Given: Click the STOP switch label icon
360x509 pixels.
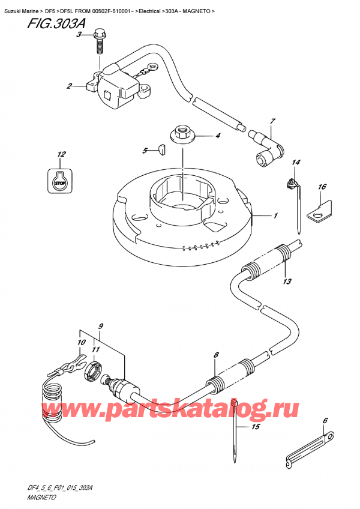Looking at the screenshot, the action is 60,181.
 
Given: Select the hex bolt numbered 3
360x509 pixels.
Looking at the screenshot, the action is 100,41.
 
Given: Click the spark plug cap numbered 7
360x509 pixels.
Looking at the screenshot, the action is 266,150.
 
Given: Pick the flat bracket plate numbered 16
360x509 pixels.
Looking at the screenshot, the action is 320,211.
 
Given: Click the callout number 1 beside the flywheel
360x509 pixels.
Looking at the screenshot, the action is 275,215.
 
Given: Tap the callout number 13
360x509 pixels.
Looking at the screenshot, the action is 287,282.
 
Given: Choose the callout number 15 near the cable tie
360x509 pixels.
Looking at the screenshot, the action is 256,427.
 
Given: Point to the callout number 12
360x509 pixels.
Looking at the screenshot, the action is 61,154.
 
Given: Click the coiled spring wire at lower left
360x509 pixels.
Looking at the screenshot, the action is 52,402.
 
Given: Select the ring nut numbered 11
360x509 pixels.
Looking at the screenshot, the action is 94,372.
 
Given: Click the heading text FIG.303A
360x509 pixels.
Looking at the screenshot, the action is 56,23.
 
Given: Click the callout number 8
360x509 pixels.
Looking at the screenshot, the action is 216,355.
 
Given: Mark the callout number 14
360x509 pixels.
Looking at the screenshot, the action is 296,162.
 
